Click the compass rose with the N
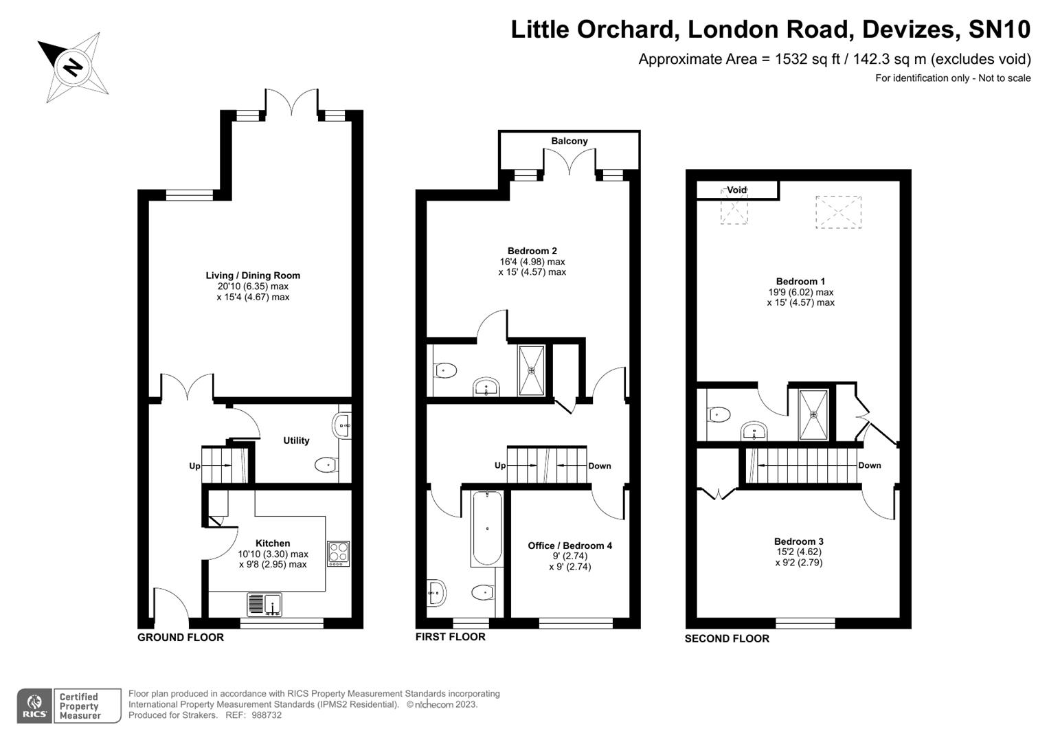pyautogui.click(x=73, y=67)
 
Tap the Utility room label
pyautogui.click(x=296, y=440)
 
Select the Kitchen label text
pyautogui.click(x=273, y=543)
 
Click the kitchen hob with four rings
pyautogui.click(x=338, y=554)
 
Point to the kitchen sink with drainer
pyautogui.click(x=264, y=605)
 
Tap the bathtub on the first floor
pyautogui.click(x=486, y=528)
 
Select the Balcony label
pyautogui.click(x=569, y=141)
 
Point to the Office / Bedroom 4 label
pyautogui.click(x=569, y=546)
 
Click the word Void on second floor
pyautogui.click(x=736, y=190)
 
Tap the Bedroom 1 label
pyautogui.click(x=800, y=281)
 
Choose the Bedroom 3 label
pyautogui.click(x=798, y=541)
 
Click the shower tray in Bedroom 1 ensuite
pyautogui.click(x=814, y=414)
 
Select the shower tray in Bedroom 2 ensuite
pyautogui.click(x=532, y=370)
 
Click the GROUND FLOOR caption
pyautogui.click(x=181, y=638)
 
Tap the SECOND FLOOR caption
pyautogui.click(x=727, y=639)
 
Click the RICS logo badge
pyautogui.click(x=34, y=706)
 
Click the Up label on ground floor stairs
pyautogui.click(x=194, y=466)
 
